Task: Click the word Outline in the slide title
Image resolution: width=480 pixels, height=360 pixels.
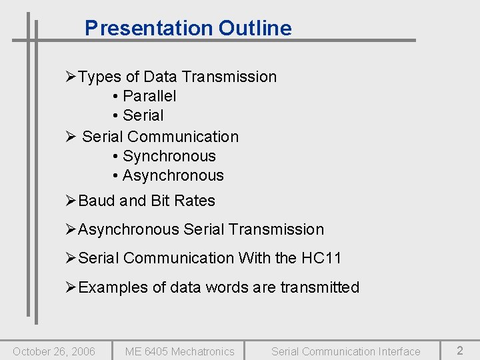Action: [x=255, y=28]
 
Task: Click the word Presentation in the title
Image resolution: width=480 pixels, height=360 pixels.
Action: [x=148, y=28]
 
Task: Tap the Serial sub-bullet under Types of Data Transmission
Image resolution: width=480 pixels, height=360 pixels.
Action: [x=143, y=115]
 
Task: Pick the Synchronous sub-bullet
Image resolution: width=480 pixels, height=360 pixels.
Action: [x=169, y=156]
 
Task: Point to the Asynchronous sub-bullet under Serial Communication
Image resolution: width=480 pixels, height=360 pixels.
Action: [x=173, y=175]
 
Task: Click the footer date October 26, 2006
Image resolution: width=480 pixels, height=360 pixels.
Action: [x=54, y=351]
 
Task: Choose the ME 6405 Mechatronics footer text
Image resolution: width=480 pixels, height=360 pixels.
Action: [x=180, y=351]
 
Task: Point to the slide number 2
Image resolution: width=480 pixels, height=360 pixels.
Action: [x=460, y=350]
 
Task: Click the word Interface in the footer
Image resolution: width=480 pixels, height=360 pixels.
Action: [x=399, y=351]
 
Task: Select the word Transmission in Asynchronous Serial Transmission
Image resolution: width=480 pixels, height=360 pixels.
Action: [x=282, y=229]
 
